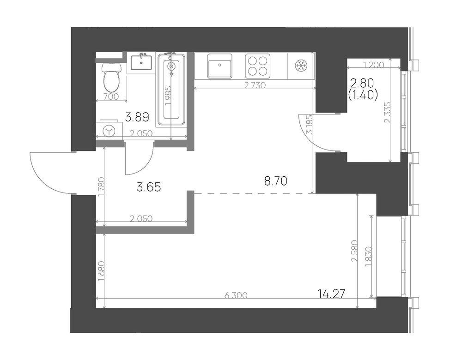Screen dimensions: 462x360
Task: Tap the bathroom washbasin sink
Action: (x=141, y=62)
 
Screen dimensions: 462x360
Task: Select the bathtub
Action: (x=171, y=90)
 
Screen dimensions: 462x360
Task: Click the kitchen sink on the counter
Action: (x=219, y=66)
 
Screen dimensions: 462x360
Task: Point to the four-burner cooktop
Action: (x=257, y=66)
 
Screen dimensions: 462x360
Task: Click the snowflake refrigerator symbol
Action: (x=301, y=66)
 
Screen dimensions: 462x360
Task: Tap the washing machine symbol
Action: (x=109, y=131)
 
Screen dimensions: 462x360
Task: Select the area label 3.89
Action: (x=137, y=117)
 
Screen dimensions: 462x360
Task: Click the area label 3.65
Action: (x=149, y=187)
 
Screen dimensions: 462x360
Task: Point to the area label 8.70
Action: (x=275, y=181)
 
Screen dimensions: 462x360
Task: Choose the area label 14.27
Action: (x=331, y=294)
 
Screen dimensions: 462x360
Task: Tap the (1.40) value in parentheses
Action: (x=362, y=96)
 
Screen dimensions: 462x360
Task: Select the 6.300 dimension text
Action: (x=236, y=295)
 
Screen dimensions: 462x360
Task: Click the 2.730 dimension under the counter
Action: (x=255, y=85)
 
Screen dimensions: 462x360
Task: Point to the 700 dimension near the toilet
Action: (x=111, y=96)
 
